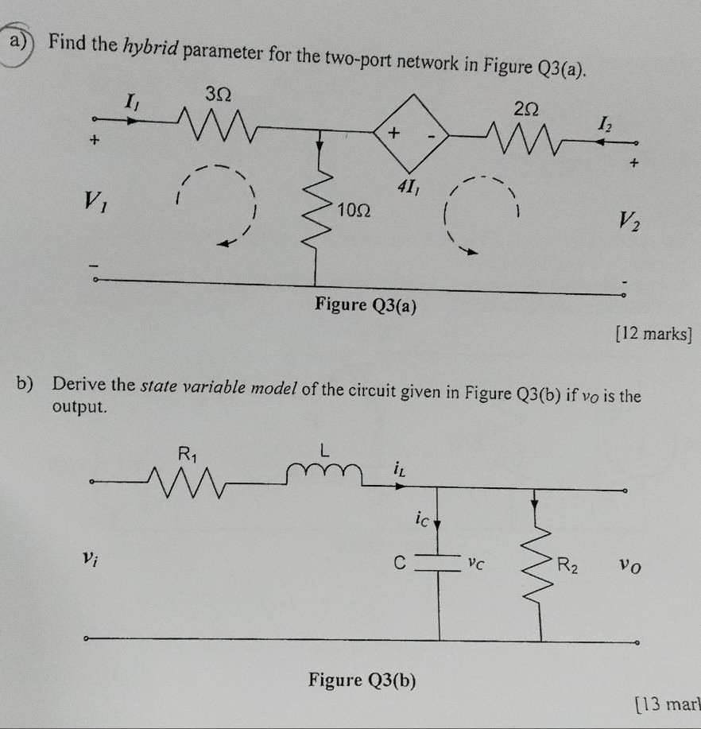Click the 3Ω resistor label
219,95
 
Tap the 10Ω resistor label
354,211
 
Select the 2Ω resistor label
526,109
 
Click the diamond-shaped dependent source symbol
412,134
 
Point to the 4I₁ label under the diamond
409,187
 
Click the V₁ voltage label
95,201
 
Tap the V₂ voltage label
629,221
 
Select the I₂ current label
606,124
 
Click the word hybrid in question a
151,47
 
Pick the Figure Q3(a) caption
366,305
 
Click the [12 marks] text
653,334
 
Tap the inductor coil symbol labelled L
324,473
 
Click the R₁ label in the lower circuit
188,454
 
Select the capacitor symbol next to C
436,563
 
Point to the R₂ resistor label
567,565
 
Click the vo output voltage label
630,566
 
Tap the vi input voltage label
90,558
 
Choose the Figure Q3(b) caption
362,681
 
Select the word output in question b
79,407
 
